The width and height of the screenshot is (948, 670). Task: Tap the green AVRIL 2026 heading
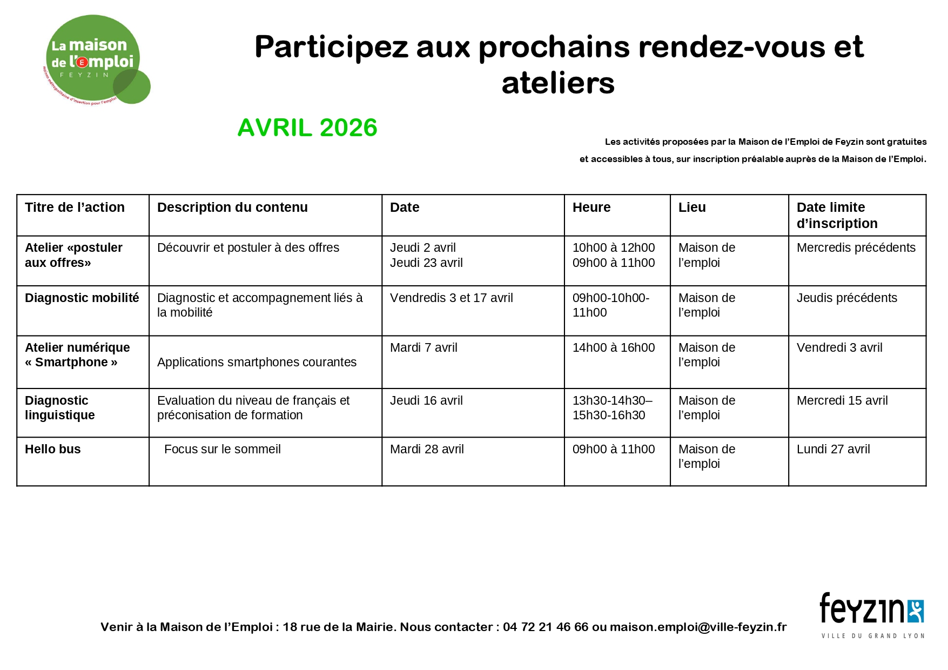click(307, 128)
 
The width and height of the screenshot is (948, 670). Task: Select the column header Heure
click(591, 207)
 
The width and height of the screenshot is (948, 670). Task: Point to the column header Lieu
click(692, 207)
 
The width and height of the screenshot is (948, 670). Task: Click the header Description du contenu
click(232, 207)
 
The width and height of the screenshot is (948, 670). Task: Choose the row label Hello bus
click(53, 450)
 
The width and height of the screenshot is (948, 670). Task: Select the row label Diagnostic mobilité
click(82, 298)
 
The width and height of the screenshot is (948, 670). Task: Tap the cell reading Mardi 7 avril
click(423, 348)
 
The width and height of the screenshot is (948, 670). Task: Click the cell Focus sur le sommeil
click(223, 450)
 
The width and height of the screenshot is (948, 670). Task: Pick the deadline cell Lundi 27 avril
click(833, 450)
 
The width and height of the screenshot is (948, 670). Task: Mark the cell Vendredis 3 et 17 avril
click(452, 298)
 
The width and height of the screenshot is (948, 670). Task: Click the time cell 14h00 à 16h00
click(614, 348)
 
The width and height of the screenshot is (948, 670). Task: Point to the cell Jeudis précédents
click(846, 298)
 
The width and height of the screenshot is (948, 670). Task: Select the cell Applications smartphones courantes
click(257, 363)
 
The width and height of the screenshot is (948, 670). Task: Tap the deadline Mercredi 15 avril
click(842, 401)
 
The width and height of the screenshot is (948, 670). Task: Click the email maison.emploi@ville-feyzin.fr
click(698, 627)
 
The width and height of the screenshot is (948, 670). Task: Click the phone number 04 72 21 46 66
click(545, 627)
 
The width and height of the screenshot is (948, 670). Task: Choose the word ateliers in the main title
click(558, 84)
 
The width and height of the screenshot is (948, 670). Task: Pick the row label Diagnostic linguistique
click(59, 408)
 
